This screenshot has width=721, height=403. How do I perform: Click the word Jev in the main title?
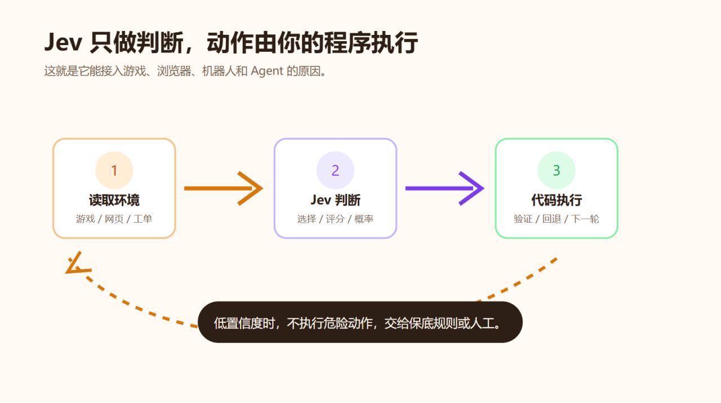click(63, 42)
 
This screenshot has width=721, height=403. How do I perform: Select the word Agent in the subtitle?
click(267, 71)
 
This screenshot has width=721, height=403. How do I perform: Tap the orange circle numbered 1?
click(114, 170)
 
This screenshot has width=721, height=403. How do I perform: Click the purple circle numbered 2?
click(335, 170)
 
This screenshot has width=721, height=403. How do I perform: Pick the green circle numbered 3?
click(557, 170)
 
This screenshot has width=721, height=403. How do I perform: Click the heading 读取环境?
click(114, 200)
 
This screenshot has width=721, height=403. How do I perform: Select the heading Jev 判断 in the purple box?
click(335, 200)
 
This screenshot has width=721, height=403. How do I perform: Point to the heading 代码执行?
click(557, 200)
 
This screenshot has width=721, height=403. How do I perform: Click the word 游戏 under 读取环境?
click(86, 219)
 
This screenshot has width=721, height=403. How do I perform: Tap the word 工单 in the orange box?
click(143, 219)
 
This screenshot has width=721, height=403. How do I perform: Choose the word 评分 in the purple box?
click(335, 219)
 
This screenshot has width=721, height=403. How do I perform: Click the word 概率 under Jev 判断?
click(364, 219)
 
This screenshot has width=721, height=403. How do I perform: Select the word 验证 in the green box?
click(523, 219)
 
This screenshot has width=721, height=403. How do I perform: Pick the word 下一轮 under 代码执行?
click(585, 219)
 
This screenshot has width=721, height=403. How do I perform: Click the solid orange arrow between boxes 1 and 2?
click(224, 188)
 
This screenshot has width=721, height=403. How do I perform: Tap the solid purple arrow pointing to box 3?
click(445, 188)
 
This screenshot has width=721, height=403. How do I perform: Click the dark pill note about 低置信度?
click(360, 322)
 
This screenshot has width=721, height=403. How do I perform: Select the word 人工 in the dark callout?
click(482, 323)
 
